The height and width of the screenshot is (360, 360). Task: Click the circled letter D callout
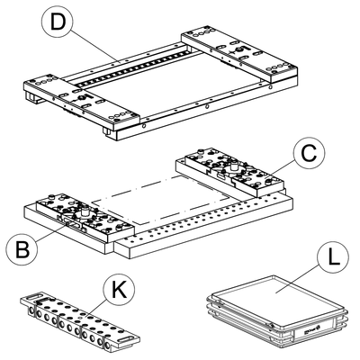58,22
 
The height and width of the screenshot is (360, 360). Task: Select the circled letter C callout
309,154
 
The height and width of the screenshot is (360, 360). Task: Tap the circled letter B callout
22,248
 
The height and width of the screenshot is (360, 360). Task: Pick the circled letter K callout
119,289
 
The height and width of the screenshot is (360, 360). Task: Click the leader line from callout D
95,46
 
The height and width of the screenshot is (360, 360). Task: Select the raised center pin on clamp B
84,210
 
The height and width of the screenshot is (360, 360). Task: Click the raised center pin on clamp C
233,165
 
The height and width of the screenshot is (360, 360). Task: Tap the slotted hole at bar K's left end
32,297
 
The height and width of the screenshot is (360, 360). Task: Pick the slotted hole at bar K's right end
126,339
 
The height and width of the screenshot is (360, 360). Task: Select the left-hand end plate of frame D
82,101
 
